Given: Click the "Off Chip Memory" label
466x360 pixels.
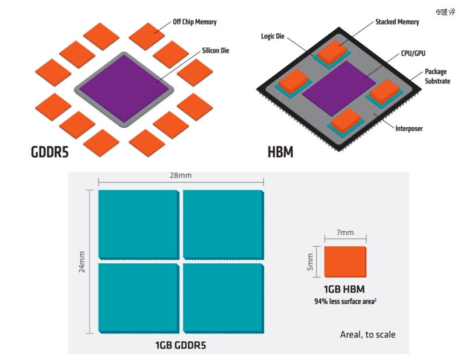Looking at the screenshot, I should coord(194,22).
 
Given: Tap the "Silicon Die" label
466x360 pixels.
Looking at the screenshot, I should coord(215,51).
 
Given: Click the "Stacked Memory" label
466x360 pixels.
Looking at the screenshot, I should coord(397,22).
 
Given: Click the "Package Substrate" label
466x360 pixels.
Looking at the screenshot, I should coord(436,76).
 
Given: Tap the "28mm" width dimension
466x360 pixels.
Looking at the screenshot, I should coord(181,175).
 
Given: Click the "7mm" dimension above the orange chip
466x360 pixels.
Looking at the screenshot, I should coord(345,232).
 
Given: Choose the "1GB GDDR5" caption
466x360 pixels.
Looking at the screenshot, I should coord(180,345).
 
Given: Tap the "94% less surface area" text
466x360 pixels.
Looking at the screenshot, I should coord(345,302).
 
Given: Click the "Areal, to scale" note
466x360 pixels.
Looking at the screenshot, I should coord(367,334).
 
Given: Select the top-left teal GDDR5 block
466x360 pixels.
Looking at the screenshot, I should coord(138,224).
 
